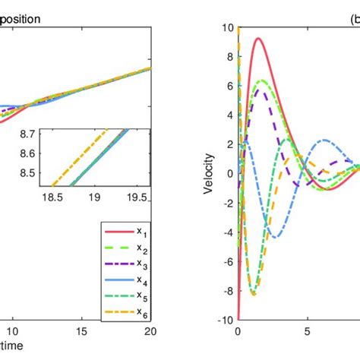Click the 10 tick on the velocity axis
[x=227, y=28]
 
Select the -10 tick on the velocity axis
[x=226, y=320]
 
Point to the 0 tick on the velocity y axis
[x=229, y=174]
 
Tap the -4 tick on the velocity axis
[x=228, y=232]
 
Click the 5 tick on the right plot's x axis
[x=309, y=331]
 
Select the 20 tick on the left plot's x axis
[x=150, y=331]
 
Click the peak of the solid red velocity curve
[x=259, y=38]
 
